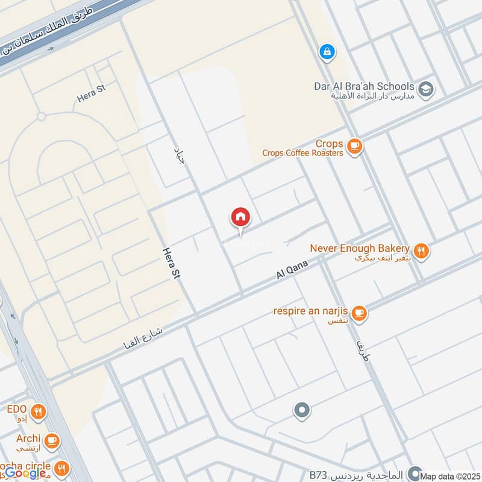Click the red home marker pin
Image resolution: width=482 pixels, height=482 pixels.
click(240, 218)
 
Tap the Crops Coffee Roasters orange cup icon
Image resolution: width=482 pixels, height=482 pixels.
click(355, 146)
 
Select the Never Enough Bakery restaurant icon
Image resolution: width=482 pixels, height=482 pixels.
click(422, 250)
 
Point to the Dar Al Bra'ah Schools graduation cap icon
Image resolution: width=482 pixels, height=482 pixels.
click(426, 89)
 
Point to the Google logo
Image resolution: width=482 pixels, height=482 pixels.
click(26, 473)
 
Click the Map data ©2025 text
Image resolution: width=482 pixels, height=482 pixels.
click(451, 476)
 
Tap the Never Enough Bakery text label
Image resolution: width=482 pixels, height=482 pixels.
click(360, 248)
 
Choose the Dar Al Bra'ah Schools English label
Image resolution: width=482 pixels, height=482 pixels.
click(364, 86)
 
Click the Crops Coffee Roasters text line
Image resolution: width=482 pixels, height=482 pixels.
click(302, 153)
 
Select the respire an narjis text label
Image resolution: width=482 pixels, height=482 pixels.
click(311, 311)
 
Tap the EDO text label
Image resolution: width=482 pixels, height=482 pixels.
click(16, 410)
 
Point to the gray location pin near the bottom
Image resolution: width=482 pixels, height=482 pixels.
click(302, 411)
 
